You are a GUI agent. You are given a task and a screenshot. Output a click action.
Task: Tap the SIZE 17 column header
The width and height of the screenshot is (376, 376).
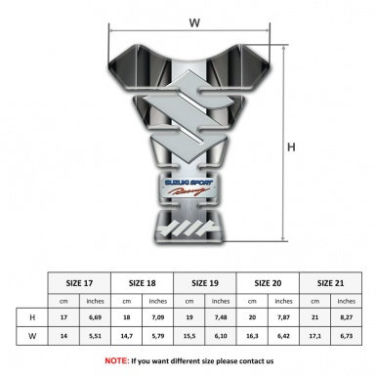click(x=81, y=281)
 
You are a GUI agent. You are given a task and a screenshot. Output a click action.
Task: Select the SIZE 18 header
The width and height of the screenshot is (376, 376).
click(x=145, y=281)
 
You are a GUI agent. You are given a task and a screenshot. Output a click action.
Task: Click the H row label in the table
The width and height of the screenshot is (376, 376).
click(x=33, y=318)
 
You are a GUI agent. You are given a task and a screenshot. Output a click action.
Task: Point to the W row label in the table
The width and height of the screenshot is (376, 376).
click(x=33, y=336)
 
